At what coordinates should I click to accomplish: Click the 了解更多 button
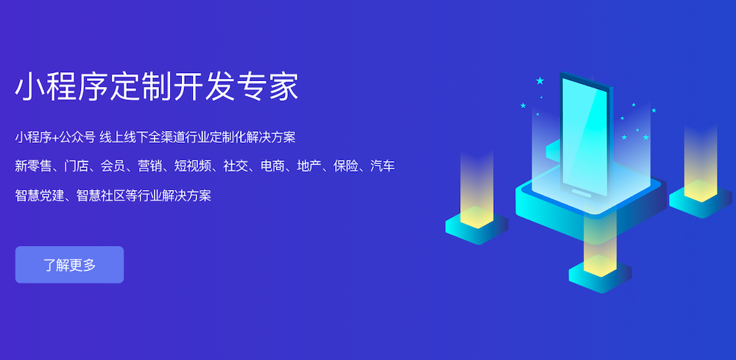pyautogui.click(x=69, y=265)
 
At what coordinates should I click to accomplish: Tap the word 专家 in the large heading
pyautogui.click(x=268, y=86)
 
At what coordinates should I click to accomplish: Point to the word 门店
pyautogui.click(x=77, y=166)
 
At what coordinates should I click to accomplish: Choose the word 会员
pyautogui.click(x=113, y=166)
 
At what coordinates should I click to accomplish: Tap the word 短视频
pyautogui.click(x=192, y=166)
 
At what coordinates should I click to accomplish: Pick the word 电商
pyautogui.click(x=272, y=166)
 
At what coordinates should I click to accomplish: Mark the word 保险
pyautogui.click(x=346, y=166)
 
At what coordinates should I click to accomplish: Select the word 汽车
pyautogui.click(x=383, y=166)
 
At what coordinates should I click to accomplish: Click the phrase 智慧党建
pyautogui.click(x=39, y=195)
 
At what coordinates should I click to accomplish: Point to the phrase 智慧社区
pyautogui.click(x=100, y=195)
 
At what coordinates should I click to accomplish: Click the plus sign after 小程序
pyautogui.click(x=55, y=138)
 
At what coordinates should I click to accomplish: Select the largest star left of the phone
pyautogui.click(x=539, y=81)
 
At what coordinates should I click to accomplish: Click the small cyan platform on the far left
pyautogui.click(x=476, y=227)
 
